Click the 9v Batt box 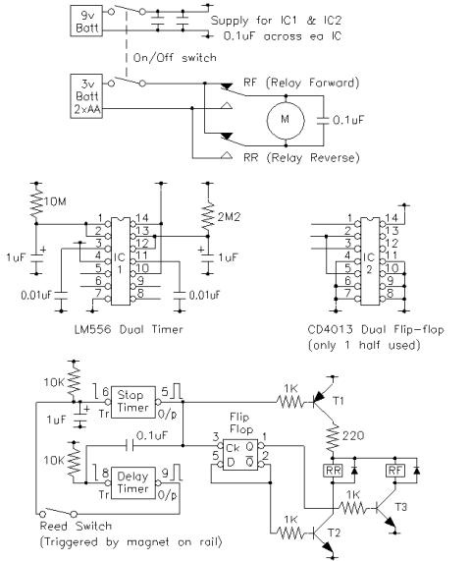[x=86, y=21]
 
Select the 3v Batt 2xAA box [x=86, y=96]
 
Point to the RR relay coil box [x=333, y=470]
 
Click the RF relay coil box [x=395, y=470]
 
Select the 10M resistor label [x=55, y=201]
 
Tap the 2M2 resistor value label [x=229, y=216]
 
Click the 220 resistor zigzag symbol [x=333, y=436]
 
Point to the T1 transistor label [x=339, y=401]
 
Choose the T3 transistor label [x=401, y=507]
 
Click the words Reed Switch [x=76, y=527]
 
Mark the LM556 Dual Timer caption [x=129, y=329]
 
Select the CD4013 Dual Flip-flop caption [x=376, y=329]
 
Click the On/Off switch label [x=175, y=58]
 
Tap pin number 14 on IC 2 [x=392, y=217]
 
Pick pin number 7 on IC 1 [x=98, y=293]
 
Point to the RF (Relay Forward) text [x=301, y=83]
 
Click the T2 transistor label [x=334, y=533]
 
